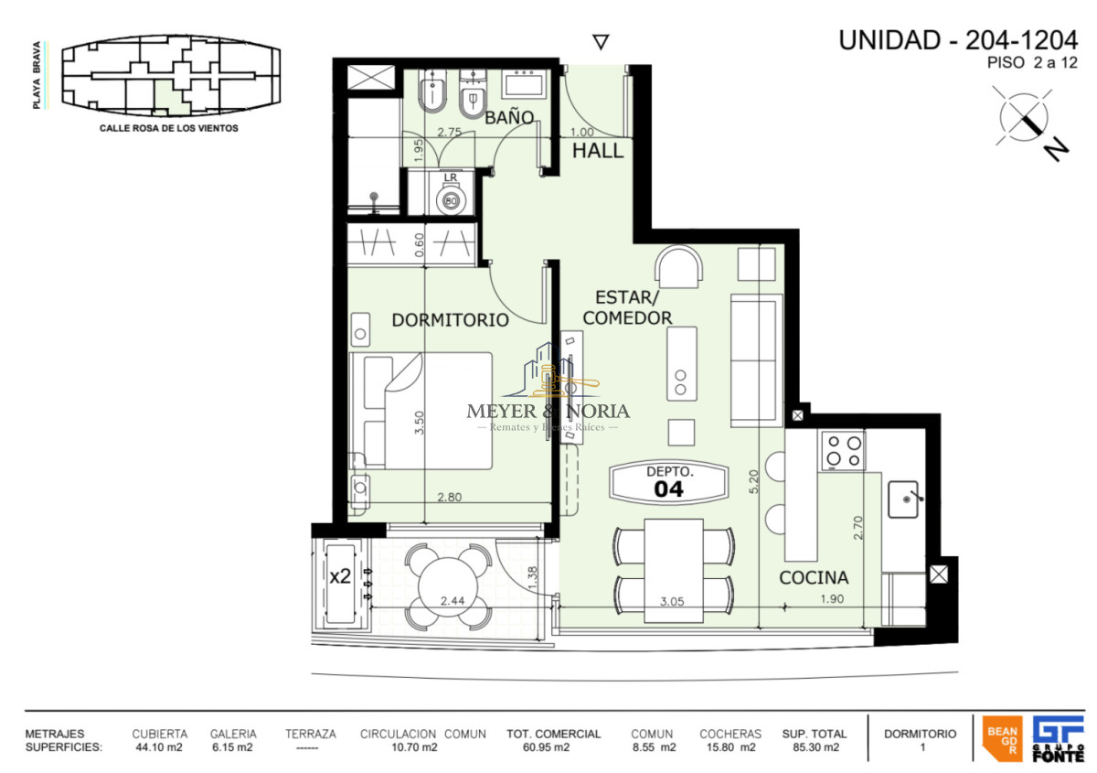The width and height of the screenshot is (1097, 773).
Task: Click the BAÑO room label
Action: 509,117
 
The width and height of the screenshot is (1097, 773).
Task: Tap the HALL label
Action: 598,151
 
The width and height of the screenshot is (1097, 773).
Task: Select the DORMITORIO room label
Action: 450,320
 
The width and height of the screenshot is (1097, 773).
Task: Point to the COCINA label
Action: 814,578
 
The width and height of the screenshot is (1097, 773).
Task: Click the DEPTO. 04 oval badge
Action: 669,481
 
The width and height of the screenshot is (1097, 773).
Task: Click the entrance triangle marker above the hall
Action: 601,42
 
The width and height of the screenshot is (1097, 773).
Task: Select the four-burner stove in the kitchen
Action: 843,450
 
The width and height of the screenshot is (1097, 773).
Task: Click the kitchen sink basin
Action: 908,499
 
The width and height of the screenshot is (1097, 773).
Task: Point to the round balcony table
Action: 448,585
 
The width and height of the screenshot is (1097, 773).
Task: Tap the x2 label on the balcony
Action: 340,576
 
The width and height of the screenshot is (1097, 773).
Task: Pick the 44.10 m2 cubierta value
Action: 159,747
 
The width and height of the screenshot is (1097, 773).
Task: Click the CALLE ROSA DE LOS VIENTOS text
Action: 168,129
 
